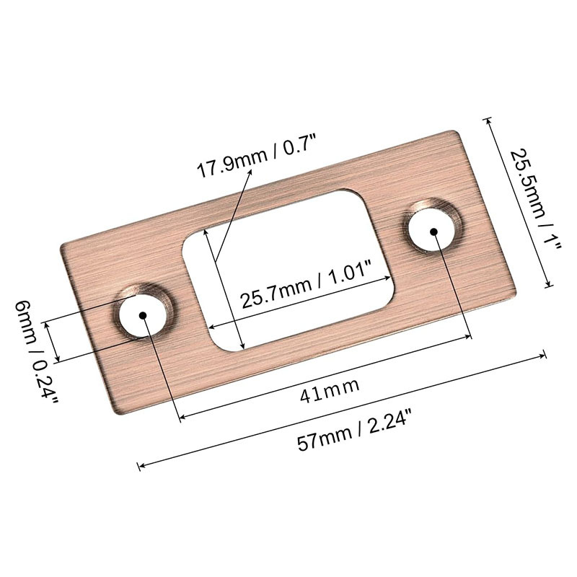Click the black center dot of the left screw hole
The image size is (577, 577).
(x=143, y=315)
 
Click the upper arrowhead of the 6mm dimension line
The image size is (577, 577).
(x=48, y=324)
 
